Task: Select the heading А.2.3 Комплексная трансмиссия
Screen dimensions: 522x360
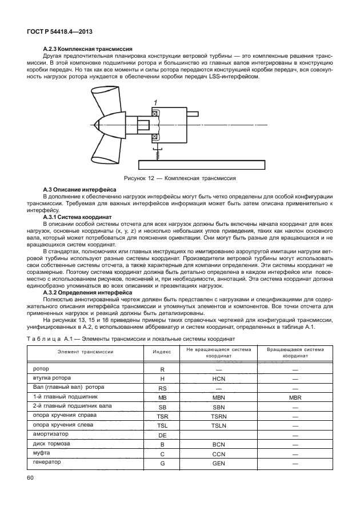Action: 88,50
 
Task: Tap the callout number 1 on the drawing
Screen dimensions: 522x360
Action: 154,102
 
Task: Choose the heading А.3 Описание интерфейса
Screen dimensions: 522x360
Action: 79,189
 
